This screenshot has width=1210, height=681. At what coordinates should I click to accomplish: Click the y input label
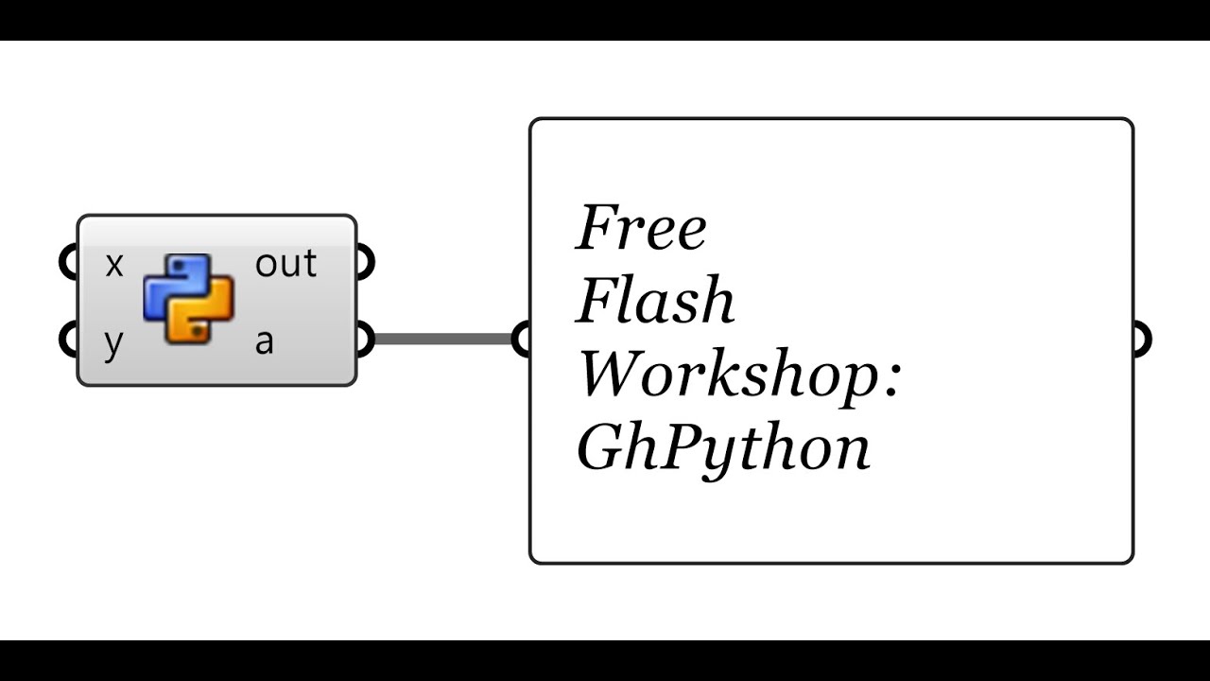point(113,343)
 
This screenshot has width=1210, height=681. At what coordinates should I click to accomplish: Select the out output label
point(285,265)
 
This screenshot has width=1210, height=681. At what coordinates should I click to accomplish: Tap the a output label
point(265,342)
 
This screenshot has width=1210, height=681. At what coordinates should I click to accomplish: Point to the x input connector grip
point(67,263)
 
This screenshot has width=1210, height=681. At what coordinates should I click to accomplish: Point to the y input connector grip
point(67,339)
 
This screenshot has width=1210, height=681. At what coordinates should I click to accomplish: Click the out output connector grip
point(366,263)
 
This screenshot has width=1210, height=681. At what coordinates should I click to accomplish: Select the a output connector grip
point(366,339)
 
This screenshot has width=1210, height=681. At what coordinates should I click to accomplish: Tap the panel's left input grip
point(521,339)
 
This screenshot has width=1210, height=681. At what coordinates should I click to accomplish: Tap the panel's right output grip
point(1142,339)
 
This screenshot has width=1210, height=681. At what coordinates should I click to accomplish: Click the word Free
point(641,229)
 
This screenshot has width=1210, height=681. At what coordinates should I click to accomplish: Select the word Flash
point(655,302)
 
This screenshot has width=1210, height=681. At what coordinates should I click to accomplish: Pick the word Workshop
point(728,375)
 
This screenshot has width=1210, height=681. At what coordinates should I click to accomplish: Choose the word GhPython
point(723,449)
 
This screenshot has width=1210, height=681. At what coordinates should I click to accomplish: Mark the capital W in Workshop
point(611,375)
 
